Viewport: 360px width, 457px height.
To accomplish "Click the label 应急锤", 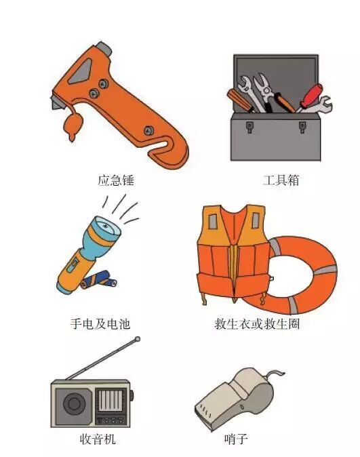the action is tap(116, 180).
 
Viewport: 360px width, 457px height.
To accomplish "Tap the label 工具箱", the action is tap(281, 180).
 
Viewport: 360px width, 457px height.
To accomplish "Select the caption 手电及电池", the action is tap(100, 323).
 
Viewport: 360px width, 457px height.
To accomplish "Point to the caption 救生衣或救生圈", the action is tap(257, 323).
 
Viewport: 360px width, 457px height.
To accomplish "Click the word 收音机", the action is tap(98, 439).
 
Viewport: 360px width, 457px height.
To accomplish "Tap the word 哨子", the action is tap(236, 439).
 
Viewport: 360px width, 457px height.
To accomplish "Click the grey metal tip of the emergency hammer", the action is tap(104, 49).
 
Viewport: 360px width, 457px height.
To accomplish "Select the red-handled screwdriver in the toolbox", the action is tap(310, 97).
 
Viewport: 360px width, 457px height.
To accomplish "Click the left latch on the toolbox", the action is tap(249, 127).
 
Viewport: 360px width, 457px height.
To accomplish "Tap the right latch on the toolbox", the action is tap(302, 127).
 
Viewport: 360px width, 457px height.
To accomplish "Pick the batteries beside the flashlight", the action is tap(99, 279).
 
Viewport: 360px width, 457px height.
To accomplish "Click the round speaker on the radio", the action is tap(75, 404).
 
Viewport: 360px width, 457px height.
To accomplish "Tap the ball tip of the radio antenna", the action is tap(138, 339).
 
